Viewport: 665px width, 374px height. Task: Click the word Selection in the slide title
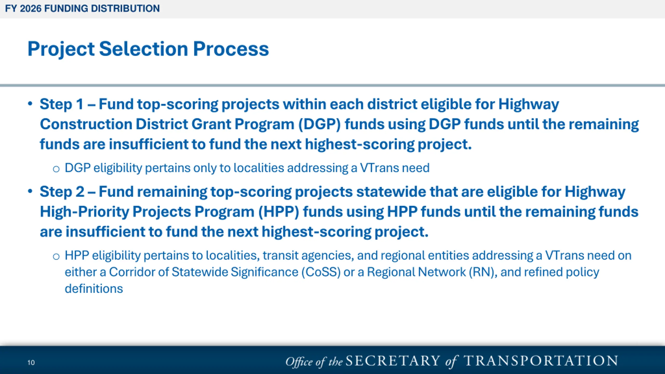(x=144, y=49)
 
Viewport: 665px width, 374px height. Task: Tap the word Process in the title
(x=231, y=49)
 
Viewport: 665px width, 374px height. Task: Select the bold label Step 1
(x=62, y=104)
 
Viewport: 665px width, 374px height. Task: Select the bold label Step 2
(x=62, y=192)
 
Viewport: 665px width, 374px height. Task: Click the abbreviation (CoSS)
(x=321, y=272)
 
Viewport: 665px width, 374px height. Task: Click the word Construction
(x=86, y=124)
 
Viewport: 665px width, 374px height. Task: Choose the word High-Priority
(x=84, y=212)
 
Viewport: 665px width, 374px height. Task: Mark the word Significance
(x=264, y=272)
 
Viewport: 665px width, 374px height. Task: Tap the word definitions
(x=94, y=289)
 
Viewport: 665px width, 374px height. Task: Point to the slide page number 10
(x=31, y=363)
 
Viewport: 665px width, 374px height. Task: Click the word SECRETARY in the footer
(x=393, y=361)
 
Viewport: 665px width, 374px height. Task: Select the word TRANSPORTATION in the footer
(x=541, y=361)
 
